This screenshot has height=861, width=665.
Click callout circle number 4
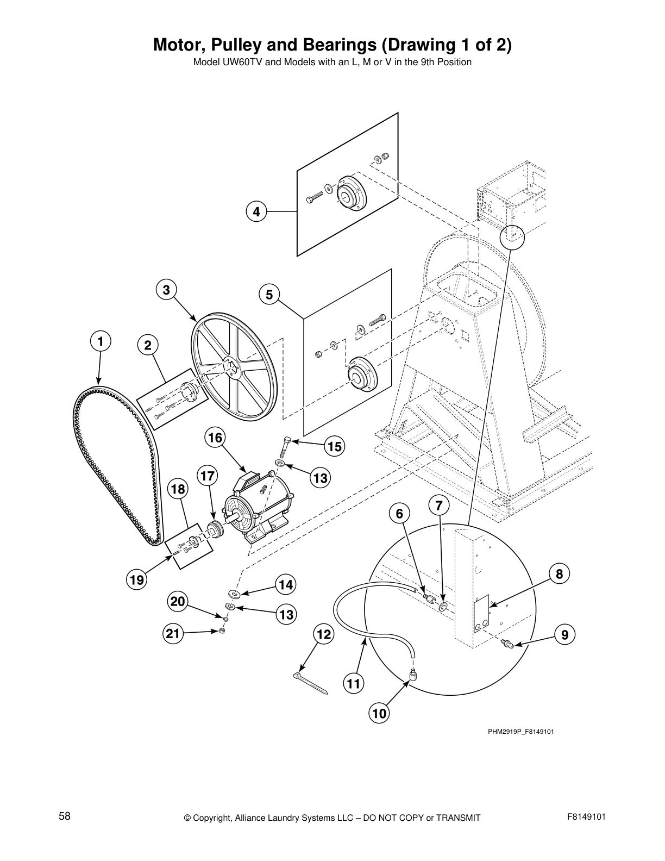coord(256,211)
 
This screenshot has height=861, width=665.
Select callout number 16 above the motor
coord(215,438)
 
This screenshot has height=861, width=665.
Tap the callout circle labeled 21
coord(172,633)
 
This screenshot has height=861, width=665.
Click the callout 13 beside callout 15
coord(321,478)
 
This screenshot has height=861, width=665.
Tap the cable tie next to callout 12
coord(310,684)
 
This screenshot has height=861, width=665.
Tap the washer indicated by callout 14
coord(234,594)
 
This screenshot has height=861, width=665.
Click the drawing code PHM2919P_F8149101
coord(520,732)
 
